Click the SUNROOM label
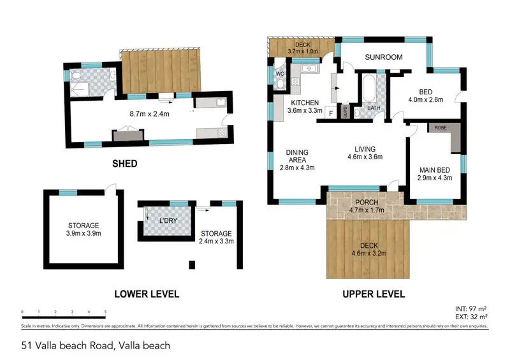pyautogui.click(x=383, y=57)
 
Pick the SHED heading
pyautogui.click(x=124, y=164)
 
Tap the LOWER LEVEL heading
pyautogui.click(x=147, y=294)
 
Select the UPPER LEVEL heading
pyautogui.click(x=374, y=294)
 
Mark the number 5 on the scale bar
pyautogui.click(x=105, y=312)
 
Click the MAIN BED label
pyautogui.click(x=435, y=169)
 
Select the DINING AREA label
pyautogui.click(x=297, y=156)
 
